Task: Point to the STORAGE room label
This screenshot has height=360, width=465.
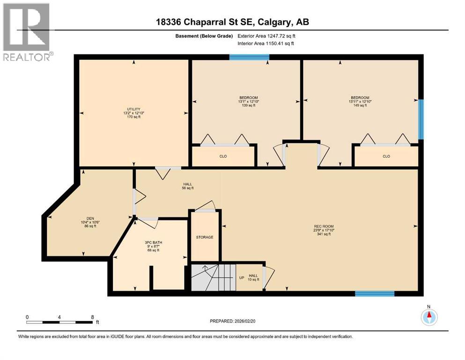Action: pyautogui.click(x=205, y=237)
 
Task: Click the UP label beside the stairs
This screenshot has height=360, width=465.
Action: pyautogui.click(x=242, y=277)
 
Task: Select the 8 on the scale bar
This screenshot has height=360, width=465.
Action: pyautogui.click(x=93, y=317)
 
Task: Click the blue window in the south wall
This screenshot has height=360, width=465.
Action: pyautogui.click(x=375, y=294)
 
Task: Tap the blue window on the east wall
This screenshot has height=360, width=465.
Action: pyautogui.click(x=421, y=119)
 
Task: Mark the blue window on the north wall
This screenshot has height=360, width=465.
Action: pyautogui.click(x=249, y=57)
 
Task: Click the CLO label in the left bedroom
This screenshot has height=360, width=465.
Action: pyautogui.click(x=223, y=156)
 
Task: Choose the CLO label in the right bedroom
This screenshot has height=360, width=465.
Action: pyautogui.click(x=386, y=156)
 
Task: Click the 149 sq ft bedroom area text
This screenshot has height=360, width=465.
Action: pyautogui.click(x=360, y=105)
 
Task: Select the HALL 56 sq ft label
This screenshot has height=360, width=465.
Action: pyautogui.click(x=187, y=186)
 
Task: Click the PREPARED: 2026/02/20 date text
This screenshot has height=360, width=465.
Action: pyautogui.click(x=232, y=321)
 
